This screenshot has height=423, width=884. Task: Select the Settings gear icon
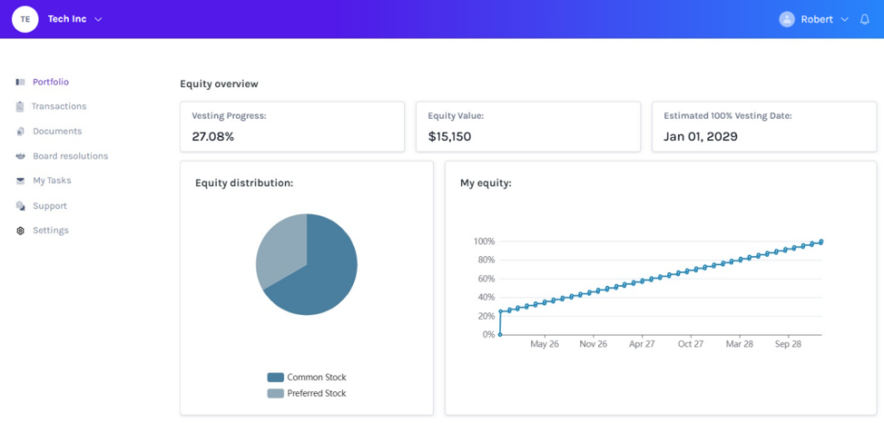click(21, 231)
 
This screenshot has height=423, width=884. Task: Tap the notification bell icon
click(864, 19)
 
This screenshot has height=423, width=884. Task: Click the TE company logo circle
click(25, 19)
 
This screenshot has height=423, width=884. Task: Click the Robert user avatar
click(787, 19)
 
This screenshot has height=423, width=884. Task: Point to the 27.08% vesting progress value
click(213, 136)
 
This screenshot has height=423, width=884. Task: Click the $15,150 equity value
click(449, 136)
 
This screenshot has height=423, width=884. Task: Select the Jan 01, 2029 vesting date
click(700, 136)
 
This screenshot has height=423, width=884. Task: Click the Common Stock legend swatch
click(275, 378)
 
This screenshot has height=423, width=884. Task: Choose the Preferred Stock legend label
click(316, 393)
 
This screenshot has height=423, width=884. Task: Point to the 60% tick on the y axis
click(484, 279)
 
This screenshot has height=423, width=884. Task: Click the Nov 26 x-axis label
click(594, 344)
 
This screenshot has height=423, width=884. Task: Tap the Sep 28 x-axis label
click(788, 344)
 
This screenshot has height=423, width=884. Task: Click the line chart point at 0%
click(500, 334)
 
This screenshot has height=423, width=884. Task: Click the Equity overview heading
click(219, 84)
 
